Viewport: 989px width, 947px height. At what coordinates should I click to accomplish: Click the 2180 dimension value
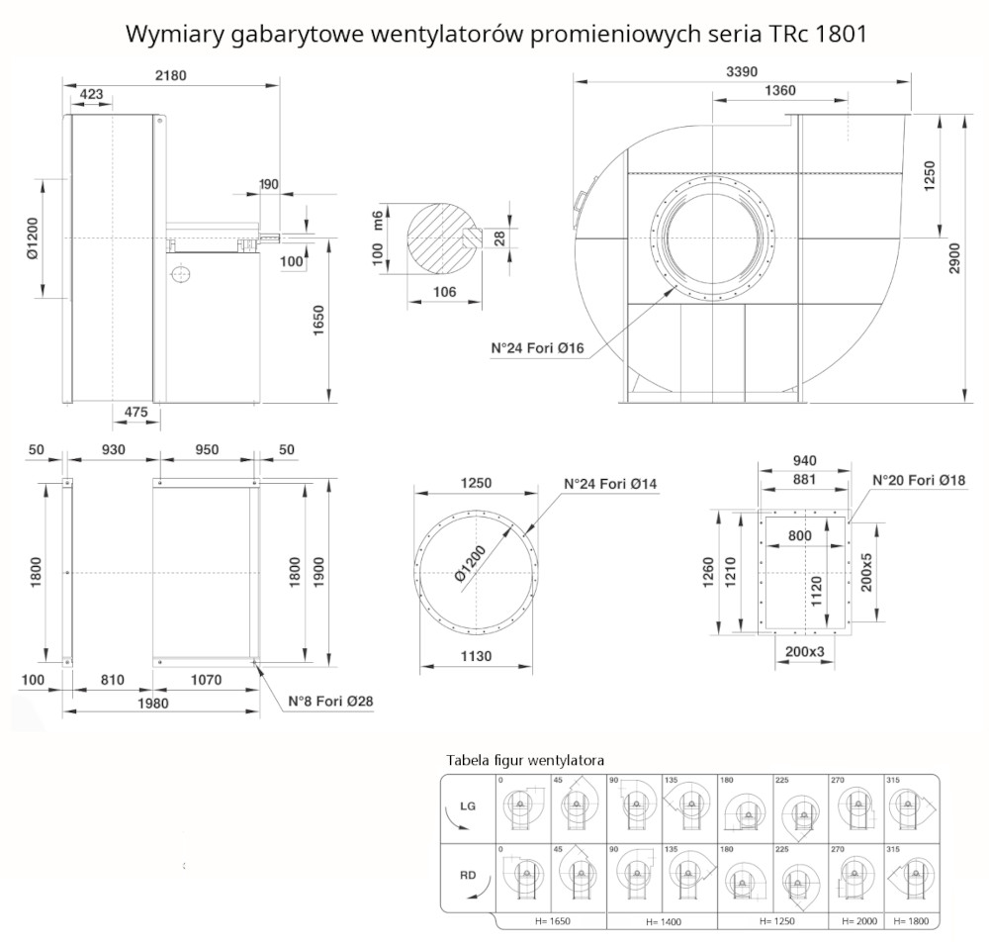(x=170, y=74)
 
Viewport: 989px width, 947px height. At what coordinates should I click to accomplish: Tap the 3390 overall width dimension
(x=744, y=70)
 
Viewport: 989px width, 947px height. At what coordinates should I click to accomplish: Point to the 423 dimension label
(x=91, y=94)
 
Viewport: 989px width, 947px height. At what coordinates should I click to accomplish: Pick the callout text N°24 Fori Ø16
(x=538, y=348)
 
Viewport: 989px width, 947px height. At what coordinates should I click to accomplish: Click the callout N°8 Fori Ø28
(x=330, y=702)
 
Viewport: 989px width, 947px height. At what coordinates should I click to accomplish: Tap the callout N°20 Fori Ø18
(x=919, y=481)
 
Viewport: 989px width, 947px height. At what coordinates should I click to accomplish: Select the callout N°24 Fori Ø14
(x=610, y=484)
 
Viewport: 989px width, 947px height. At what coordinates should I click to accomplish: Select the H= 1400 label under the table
(x=665, y=921)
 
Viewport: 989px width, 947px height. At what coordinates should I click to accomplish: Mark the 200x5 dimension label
(x=867, y=572)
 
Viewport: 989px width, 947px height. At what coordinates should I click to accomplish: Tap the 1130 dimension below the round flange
(x=476, y=656)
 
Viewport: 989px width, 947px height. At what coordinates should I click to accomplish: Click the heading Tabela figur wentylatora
(x=525, y=760)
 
